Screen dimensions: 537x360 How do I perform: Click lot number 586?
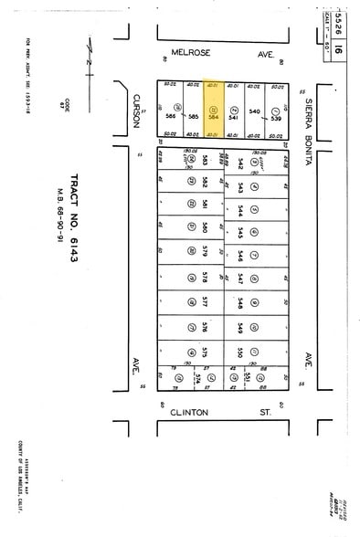tap(170, 116)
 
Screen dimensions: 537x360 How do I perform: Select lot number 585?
tap(193, 116)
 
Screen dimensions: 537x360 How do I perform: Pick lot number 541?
tap(233, 116)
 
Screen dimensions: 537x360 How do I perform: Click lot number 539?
tap(276, 116)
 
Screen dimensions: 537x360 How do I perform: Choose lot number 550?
tap(240, 351)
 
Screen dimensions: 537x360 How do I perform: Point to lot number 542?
tap(240, 163)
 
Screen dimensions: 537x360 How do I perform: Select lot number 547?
tap(240, 276)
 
